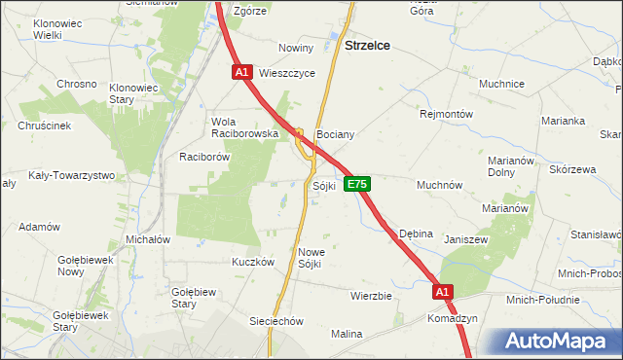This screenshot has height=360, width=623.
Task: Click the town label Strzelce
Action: pos(370,45)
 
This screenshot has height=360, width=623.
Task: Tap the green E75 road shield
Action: pos(356,184)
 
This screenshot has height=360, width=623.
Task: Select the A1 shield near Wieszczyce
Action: pos(243,72)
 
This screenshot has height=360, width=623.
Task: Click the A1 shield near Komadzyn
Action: pos(443,291)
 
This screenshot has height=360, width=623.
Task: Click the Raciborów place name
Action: pos(203,156)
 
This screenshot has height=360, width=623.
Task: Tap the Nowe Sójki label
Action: pos(311,257)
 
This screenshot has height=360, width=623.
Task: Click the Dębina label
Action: pos(416,234)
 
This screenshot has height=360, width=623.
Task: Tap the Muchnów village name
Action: pos(439,184)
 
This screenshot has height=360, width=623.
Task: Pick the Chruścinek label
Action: pos(45,126)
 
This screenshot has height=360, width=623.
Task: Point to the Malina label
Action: pos(346,334)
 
